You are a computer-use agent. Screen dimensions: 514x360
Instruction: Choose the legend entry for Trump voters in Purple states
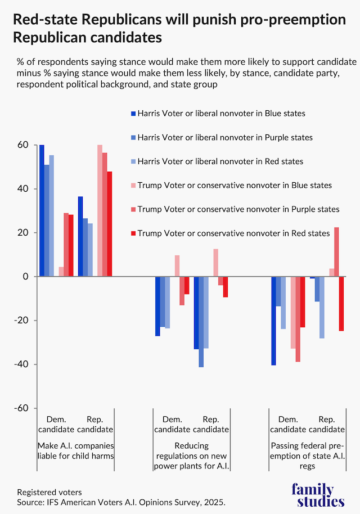238,209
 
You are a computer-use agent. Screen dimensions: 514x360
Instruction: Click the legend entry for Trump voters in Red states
233,233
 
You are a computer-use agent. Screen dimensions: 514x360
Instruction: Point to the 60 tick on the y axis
22,145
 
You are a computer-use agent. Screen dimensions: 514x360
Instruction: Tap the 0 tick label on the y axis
25,277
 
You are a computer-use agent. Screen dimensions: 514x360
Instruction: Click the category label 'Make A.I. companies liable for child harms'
75,450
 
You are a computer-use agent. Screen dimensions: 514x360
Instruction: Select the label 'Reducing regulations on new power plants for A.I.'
192,456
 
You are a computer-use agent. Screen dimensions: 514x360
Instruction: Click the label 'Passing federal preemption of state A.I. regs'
308,456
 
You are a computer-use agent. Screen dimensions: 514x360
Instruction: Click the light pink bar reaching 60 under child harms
100,211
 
